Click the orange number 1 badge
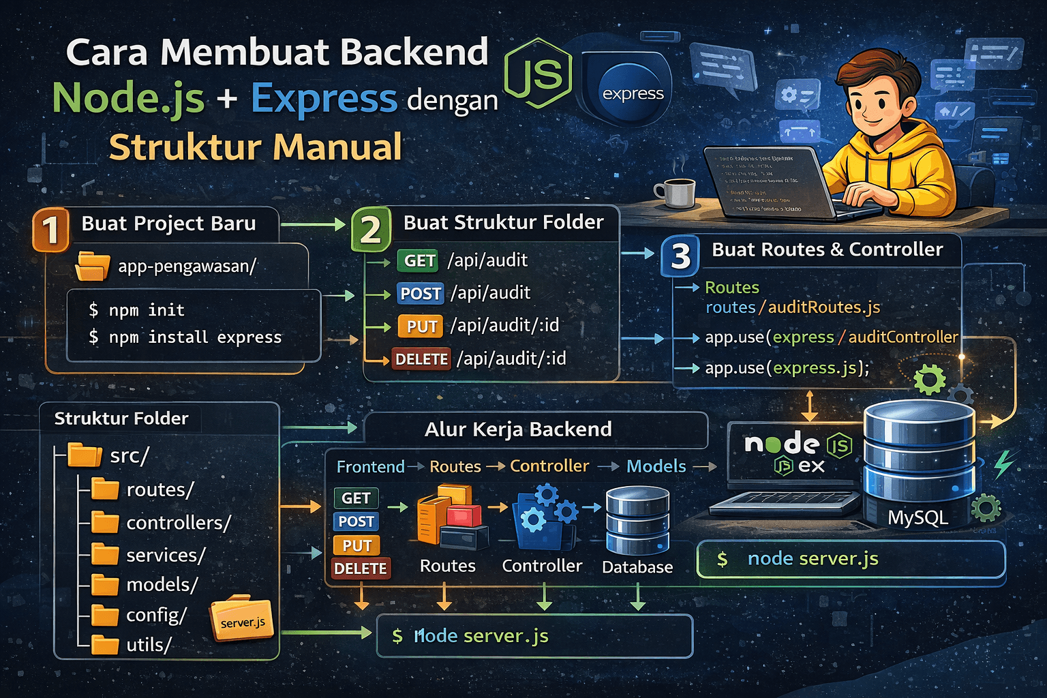pos(50,230)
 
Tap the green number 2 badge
pos(370,230)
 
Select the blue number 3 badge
pos(680,256)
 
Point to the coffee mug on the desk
pos(676,192)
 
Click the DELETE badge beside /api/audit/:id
pos(421,359)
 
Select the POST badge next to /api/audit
pos(421,293)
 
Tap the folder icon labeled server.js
pos(242,619)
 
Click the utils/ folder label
pos(149,645)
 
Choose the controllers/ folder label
pos(179,523)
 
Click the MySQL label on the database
pos(917,517)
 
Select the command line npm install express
pos(185,337)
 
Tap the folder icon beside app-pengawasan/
pos(92,266)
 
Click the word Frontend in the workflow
pos(370,467)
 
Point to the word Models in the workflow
pos(656,466)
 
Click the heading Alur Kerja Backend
pos(518,429)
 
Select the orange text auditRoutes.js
pos(824,307)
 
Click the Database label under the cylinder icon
pos(637,567)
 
